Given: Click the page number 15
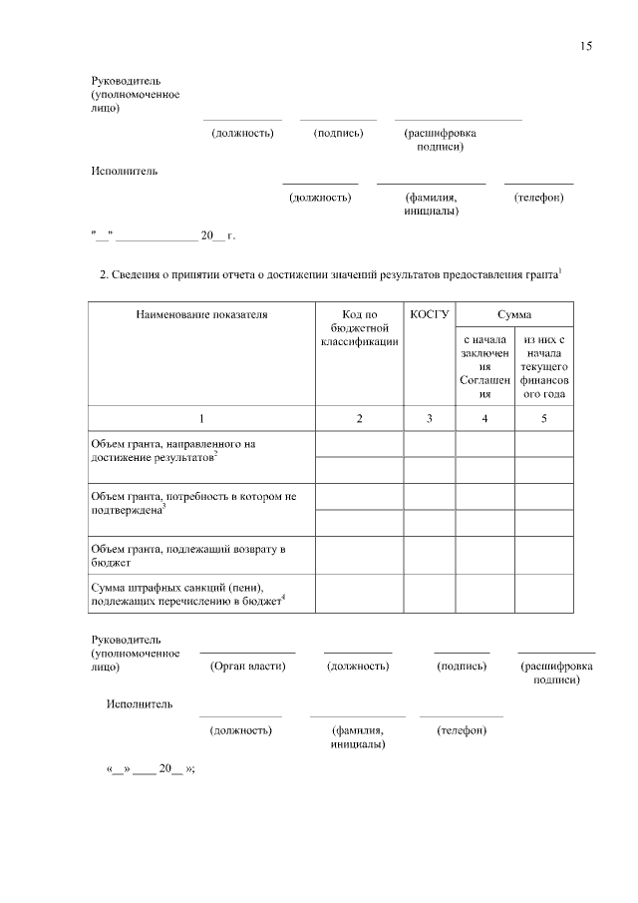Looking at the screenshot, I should coord(586,46).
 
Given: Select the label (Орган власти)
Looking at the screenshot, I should coord(247,666).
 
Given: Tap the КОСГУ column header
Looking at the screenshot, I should coord(429,314).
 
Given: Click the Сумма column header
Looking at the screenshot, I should coord(514,314).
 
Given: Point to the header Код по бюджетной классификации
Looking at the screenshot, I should coord(359,328).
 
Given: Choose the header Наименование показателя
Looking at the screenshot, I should coord(202,314).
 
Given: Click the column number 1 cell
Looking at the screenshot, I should coord(202,418).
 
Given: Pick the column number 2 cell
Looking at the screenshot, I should coord(359,418).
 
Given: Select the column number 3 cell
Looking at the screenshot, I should coord(429,418).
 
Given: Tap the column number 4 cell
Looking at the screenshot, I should coord(484,418).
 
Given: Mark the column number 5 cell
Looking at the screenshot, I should coord(543,418).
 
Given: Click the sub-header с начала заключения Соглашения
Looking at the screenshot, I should coord(484,367).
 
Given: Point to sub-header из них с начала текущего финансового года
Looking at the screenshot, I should coord(543,367).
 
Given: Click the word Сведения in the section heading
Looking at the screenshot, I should coord(139,274).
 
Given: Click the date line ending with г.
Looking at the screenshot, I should coord(162,236).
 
